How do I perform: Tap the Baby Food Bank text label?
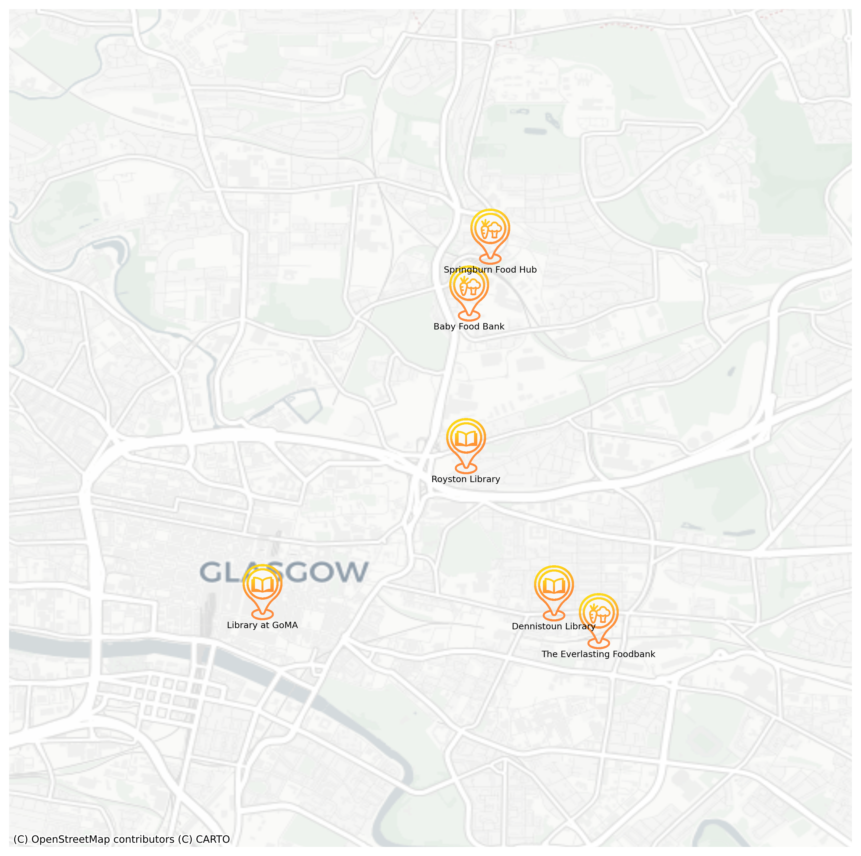coord(469,326)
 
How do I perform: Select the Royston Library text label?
coord(466,479)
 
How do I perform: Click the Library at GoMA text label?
coord(263,625)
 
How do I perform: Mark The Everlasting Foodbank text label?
coord(598,654)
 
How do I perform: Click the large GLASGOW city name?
coord(284,572)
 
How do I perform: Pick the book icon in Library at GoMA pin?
coord(263,585)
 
